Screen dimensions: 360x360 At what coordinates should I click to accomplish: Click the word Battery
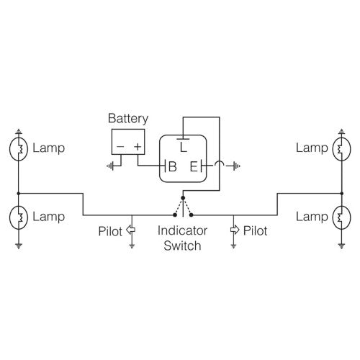tap(127, 118)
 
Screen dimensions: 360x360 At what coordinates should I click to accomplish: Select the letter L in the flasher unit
tap(184, 147)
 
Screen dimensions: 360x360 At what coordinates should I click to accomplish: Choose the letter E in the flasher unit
tap(194, 166)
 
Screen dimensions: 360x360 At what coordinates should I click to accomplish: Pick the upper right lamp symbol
tap(341, 150)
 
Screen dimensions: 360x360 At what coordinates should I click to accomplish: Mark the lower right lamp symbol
tap(341, 216)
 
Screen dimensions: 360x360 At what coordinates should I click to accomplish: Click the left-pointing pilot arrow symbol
tap(131, 230)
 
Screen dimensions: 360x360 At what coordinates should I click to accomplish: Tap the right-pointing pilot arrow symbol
tap(234, 230)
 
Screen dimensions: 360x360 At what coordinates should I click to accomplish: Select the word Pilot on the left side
tap(111, 231)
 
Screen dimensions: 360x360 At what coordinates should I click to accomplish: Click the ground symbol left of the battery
tap(109, 166)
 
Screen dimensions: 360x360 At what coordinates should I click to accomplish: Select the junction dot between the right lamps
tap(341, 193)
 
